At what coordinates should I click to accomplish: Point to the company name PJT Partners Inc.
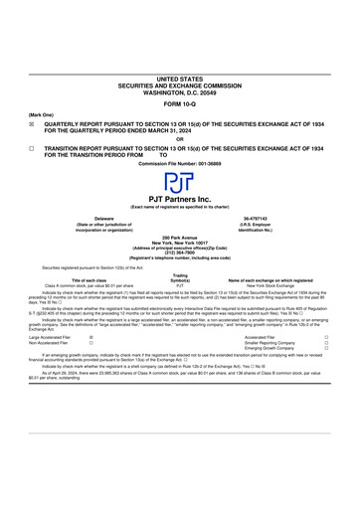[x=179, y=199]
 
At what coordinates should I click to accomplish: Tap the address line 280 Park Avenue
[x=179, y=238]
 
